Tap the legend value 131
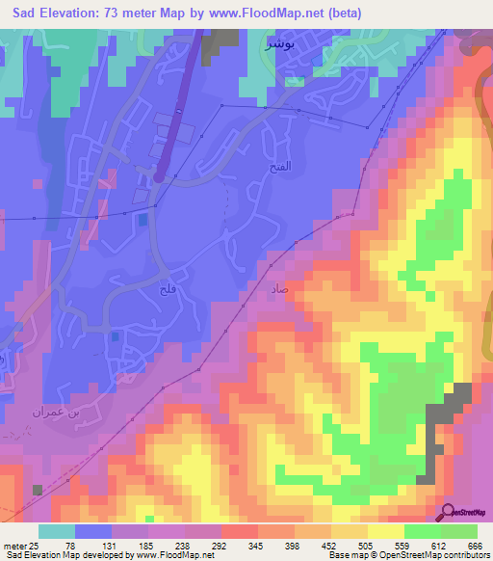tap(120, 547)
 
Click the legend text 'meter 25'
tap(21, 547)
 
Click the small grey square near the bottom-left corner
tap(38, 491)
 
